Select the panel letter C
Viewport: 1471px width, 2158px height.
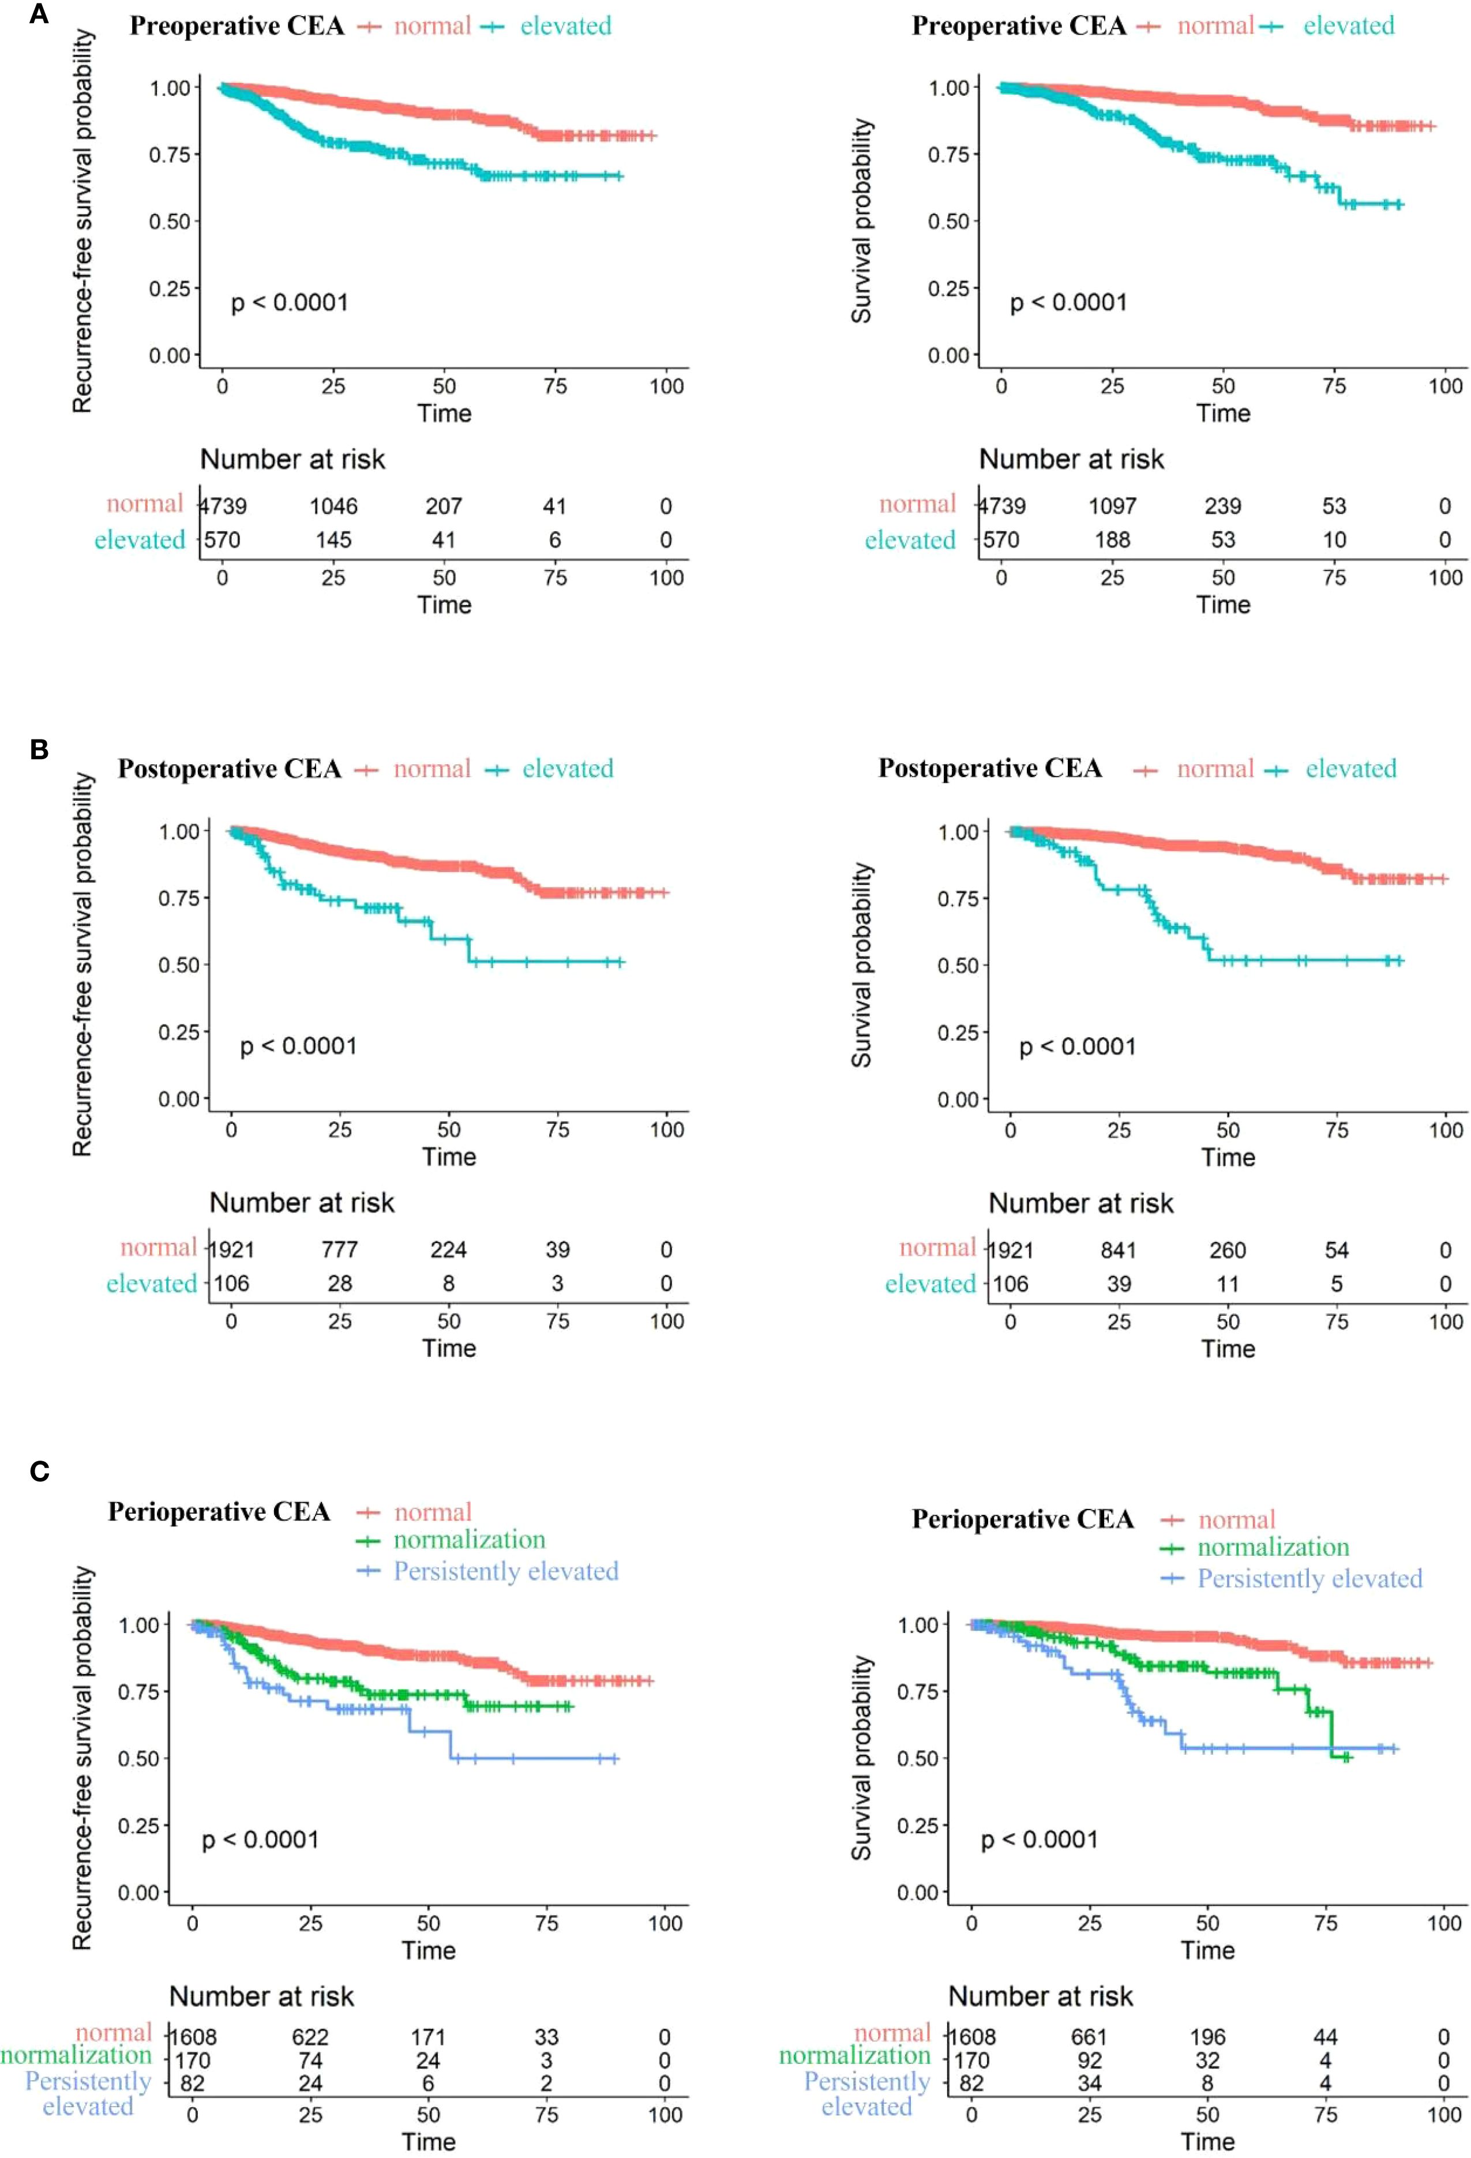(x=39, y=1471)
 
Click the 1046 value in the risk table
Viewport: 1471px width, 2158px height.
(x=333, y=506)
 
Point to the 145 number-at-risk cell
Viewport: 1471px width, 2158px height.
(x=333, y=539)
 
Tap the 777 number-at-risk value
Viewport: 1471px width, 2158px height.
(x=340, y=1250)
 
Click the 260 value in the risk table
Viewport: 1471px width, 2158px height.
(x=1227, y=1250)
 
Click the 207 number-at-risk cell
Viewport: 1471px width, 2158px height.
(x=444, y=506)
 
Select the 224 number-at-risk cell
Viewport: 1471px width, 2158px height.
(x=449, y=1250)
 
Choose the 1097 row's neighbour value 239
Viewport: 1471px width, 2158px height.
(x=1223, y=506)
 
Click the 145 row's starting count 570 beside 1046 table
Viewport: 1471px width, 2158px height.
(x=223, y=539)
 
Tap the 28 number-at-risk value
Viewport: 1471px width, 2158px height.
(x=340, y=1283)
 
